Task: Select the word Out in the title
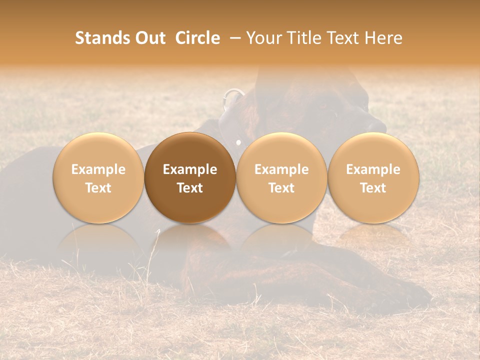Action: point(149,38)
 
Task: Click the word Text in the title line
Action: point(345,38)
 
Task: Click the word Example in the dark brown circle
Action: point(190,169)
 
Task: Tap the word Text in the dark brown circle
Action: point(190,188)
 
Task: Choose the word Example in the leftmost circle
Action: point(98,169)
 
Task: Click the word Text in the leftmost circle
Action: point(98,188)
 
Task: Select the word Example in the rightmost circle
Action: point(373,169)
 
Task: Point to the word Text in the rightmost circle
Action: point(373,188)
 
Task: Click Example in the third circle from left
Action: point(281,169)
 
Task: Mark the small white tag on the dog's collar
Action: point(238,143)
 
